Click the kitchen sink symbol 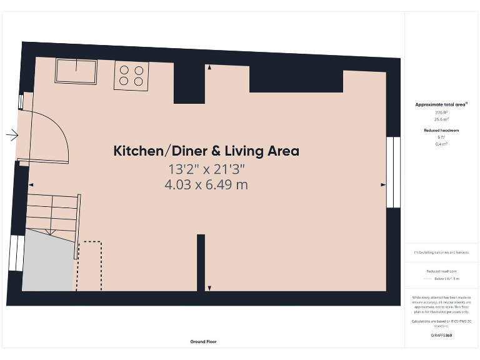click(x=76, y=71)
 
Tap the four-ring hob click(x=131, y=76)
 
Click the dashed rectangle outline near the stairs click(x=92, y=266)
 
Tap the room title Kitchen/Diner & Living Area click(x=206, y=151)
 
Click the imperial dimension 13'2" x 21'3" click(x=206, y=169)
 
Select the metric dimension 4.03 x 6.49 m click(x=206, y=185)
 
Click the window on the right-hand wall click(x=393, y=172)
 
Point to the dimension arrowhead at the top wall click(x=209, y=67)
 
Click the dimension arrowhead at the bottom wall click(x=209, y=287)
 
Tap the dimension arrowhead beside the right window click(x=384, y=185)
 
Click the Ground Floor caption click(x=204, y=341)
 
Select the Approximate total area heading click(x=441, y=104)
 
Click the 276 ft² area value click(x=441, y=112)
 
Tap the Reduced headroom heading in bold click(x=441, y=130)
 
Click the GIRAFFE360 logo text click(x=441, y=336)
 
